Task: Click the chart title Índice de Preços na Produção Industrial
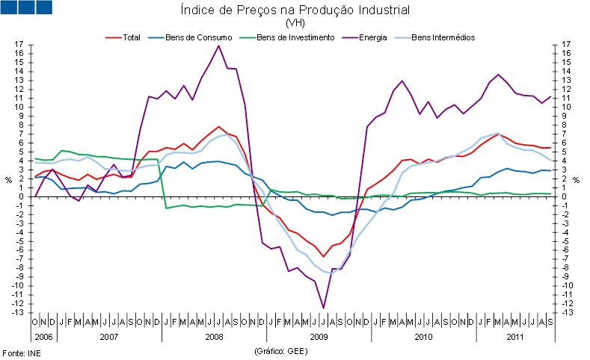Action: [295, 10]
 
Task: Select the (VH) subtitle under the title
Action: [295, 22]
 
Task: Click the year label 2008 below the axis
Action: [213, 337]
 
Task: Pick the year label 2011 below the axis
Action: [514, 337]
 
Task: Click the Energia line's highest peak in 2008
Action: [218, 46]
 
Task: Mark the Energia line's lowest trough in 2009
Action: [324, 308]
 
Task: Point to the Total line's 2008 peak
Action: [218, 127]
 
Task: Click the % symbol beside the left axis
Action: [9, 180]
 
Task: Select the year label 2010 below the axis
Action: [423, 337]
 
